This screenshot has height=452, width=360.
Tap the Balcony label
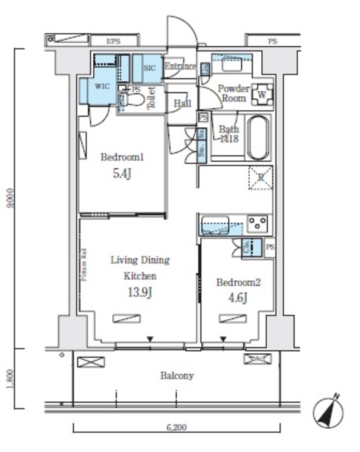tap(176, 376)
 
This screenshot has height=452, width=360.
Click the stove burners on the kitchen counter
tap(258, 225)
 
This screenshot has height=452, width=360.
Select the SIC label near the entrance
tap(149, 68)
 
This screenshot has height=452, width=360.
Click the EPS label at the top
tap(113, 42)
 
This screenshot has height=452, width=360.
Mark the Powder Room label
tap(233, 93)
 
